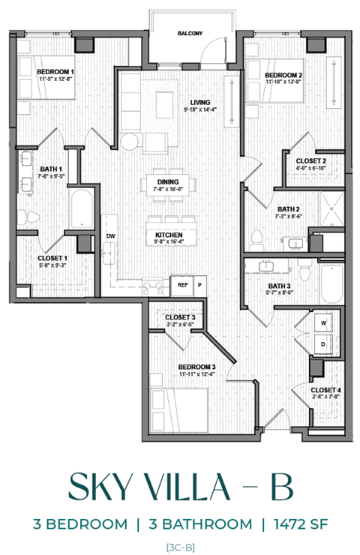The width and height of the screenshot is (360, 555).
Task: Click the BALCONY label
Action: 190,34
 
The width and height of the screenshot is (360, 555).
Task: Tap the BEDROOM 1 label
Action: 55,72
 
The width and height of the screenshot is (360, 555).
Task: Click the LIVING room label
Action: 199,103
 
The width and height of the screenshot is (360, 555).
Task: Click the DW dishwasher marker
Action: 111,237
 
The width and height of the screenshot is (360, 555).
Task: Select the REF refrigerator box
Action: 182,285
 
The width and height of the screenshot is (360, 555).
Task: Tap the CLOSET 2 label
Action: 310,160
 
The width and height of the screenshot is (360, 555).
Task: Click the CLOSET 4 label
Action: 326,390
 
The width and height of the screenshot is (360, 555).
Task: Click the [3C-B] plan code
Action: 179,546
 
